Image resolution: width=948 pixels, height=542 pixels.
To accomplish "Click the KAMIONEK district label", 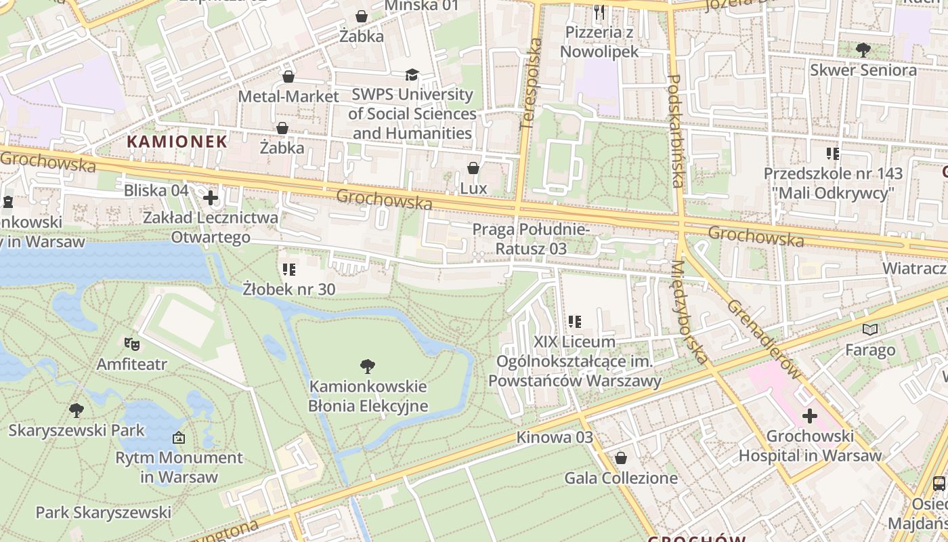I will pos(177,142).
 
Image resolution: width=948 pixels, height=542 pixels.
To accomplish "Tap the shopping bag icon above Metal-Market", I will pos(288,77).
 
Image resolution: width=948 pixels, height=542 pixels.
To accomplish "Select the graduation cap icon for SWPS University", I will pos(412,75).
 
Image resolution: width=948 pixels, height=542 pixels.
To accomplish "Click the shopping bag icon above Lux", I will pos(473,168).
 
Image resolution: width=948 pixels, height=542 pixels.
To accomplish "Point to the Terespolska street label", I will pos(532,84).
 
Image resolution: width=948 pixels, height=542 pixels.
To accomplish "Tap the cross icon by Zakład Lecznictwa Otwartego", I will pos(211,198).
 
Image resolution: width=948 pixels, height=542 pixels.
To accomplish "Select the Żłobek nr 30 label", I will pos(289,289).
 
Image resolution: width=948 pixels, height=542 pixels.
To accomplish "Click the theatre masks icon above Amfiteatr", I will pos(131,343).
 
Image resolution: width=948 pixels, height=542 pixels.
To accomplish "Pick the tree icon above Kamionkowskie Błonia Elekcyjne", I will pos(368,367).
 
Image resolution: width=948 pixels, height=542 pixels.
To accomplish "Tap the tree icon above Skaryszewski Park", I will pos(77,410).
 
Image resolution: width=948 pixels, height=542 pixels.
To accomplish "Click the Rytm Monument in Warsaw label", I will pos(179,467).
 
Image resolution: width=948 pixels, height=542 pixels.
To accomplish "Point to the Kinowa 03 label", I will pos(555,437).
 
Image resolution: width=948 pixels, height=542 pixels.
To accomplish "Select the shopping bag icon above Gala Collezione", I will pos(621,459).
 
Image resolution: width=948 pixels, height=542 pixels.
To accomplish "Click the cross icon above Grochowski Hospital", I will pos(810,416).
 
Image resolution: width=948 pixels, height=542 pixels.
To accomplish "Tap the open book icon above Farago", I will pos(870,330).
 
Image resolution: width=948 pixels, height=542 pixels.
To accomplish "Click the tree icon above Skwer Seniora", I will pos(863,49).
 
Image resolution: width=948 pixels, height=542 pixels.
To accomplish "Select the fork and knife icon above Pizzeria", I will pos(599,12).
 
